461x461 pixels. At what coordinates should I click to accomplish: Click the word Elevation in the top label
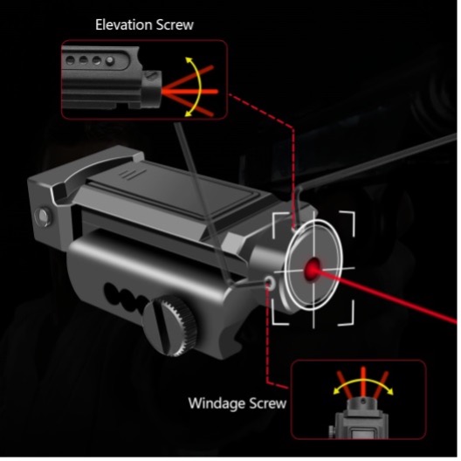click(124, 24)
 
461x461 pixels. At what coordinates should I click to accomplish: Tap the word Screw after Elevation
click(175, 24)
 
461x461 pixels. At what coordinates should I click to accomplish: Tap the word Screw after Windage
click(264, 403)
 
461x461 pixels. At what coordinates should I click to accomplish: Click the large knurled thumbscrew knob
click(170, 326)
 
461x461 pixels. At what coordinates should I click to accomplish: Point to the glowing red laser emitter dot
click(313, 268)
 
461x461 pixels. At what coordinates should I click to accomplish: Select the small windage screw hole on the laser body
click(270, 282)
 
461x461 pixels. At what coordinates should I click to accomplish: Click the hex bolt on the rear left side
click(43, 217)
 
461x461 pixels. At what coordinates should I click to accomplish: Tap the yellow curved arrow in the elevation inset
click(196, 87)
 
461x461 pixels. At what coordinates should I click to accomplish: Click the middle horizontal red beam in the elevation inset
click(190, 92)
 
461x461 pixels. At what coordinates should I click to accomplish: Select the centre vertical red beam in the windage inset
click(363, 382)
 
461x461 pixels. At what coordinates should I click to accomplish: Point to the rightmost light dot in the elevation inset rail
click(110, 60)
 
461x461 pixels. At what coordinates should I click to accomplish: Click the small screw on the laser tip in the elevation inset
click(151, 75)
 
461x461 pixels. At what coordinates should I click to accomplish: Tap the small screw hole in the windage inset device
click(363, 401)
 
